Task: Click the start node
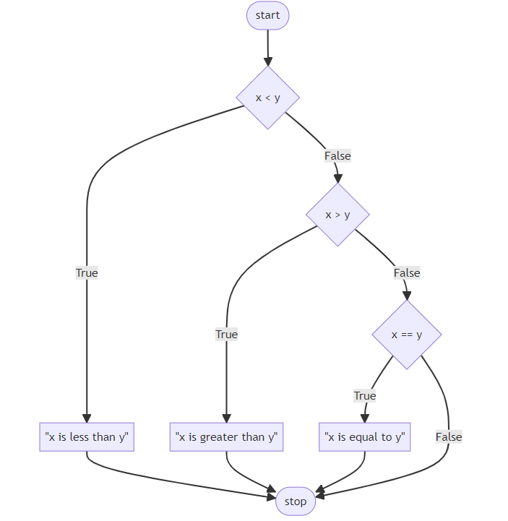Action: coord(267,16)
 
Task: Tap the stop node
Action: coord(296,501)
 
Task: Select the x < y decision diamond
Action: coord(267,98)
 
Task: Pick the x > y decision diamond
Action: coord(337,215)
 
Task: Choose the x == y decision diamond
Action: coord(407,335)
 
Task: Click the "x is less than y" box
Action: coord(87,436)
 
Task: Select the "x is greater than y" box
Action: coord(226,436)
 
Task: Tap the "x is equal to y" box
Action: coord(365,436)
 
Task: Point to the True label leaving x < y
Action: coord(87,272)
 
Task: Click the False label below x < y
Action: coord(337,155)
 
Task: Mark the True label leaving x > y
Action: coord(226,334)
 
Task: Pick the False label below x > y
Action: coord(407,272)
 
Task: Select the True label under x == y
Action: coord(365,395)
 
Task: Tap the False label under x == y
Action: coord(449,436)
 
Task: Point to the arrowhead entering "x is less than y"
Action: coord(87,418)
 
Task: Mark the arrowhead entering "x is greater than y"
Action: coord(226,418)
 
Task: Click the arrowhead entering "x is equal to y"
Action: coord(365,418)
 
